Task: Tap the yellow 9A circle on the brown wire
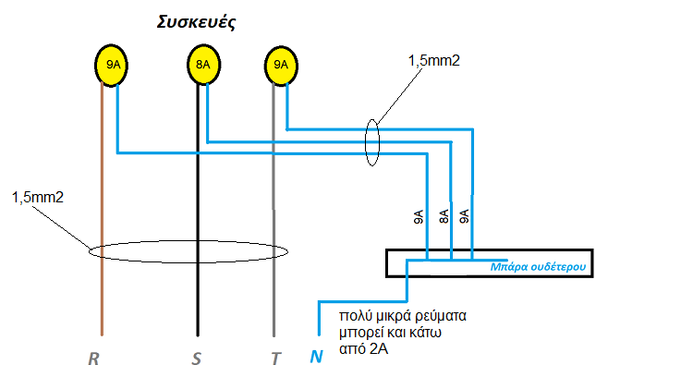[x=112, y=66]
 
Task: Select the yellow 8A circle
[x=202, y=66]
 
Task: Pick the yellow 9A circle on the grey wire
[x=281, y=66]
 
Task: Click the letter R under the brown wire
[x=93, y=359]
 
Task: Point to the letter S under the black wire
[x=196, y=359]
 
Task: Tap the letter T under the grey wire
[x=274, y=359]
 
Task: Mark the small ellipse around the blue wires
[x=372, y=142]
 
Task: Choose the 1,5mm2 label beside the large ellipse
[x=37, y=197]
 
